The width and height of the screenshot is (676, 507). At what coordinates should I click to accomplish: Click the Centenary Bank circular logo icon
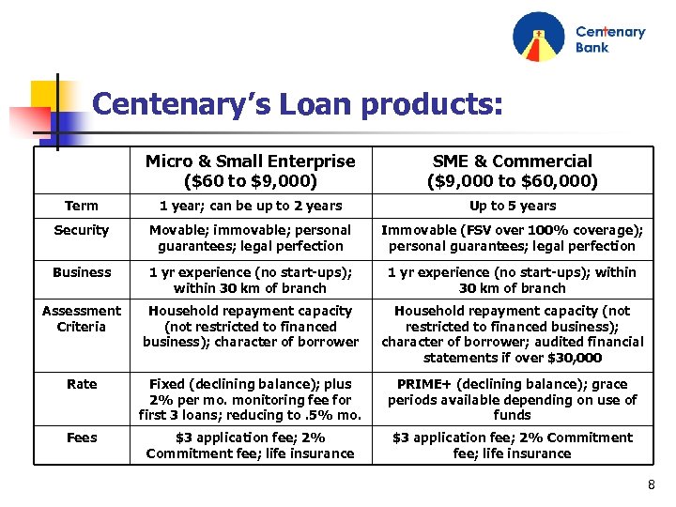tap(539, 38)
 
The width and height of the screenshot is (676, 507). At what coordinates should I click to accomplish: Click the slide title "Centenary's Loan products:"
tap(298, 103)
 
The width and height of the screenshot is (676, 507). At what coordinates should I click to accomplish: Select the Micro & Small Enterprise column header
tap(250, 170)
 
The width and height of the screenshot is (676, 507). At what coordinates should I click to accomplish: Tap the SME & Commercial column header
tap(512, 170)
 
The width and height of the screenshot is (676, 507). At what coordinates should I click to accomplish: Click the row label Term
tap(82, 206)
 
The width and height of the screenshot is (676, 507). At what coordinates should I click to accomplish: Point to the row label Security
tap(82, 230)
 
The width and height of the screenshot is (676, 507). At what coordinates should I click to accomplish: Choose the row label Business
tap(82, 272)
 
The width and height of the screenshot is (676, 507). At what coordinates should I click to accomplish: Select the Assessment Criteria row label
tap(82, 318)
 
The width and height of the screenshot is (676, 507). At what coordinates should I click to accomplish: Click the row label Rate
tap(82, 383)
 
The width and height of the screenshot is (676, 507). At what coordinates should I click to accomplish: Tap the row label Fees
tap(82, 438)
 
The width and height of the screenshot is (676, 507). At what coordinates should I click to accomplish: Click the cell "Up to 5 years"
tap(512, 206)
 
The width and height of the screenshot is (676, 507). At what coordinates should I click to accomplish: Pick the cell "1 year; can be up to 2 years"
tap(250, 206)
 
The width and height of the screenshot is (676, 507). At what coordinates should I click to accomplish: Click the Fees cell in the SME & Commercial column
tap(512, 445)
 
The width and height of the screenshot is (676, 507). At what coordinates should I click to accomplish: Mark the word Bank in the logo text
tap(592, 48)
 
